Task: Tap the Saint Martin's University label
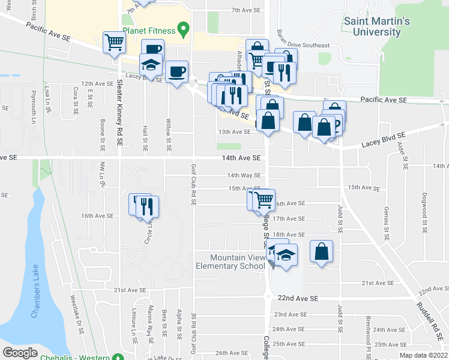pyautogui.click(x=376, y=26)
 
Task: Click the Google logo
pyautogui.click(x=20, y=352)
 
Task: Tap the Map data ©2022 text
pyautogui.click(x=424, y=355)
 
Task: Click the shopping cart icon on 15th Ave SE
pyautogui.click(x=264, y=199)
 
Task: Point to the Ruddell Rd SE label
pyautogui.click(x=431, y=317)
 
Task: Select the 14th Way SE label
pyautogui.click(x=244, y=175)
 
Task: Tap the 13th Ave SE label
pyautogui.click(x=234, y=131)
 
